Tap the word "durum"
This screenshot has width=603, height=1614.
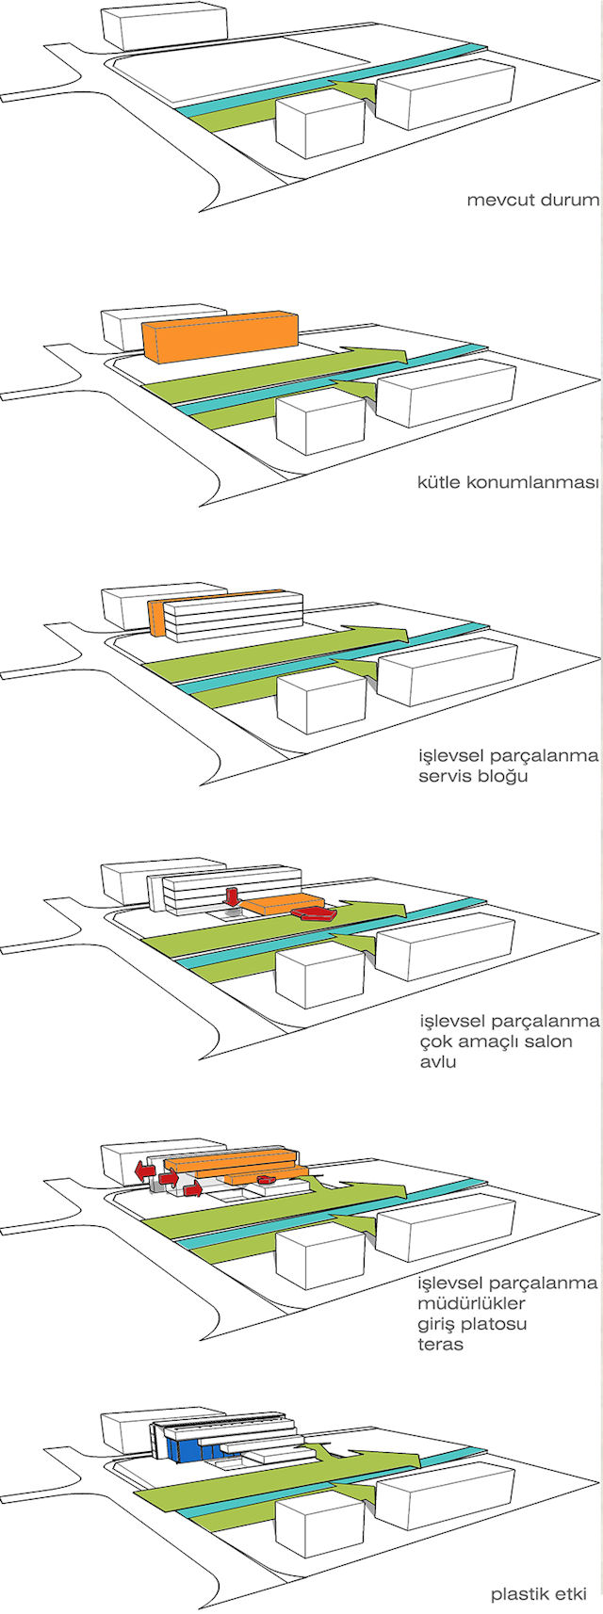568,201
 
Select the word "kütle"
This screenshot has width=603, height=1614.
440,483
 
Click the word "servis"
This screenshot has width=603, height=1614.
447,777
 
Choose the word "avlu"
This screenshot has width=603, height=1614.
438,1061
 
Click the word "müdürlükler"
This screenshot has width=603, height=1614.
471,1304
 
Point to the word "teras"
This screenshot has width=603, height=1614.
441,1344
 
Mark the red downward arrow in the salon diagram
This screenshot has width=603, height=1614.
231,895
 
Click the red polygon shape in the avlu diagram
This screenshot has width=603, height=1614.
312,912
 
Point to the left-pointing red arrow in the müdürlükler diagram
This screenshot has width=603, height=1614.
144,1170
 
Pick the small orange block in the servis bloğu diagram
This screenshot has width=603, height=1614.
157,617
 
